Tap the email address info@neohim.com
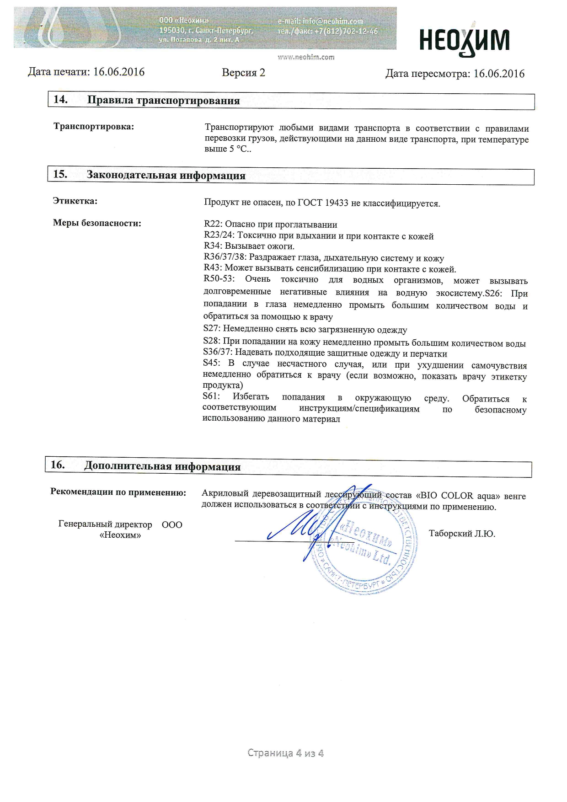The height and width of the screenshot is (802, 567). (x=332, y=21)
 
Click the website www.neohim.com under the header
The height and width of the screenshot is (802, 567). (x=306, y=57)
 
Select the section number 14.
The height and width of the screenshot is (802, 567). (x=60, y=100)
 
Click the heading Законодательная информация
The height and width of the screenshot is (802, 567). (x=166, y=176)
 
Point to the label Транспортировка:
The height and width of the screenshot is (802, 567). (x=94, y=127)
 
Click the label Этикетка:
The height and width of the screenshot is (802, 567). (x=75, y=201)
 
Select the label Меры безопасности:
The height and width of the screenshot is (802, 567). (x=97, y=223)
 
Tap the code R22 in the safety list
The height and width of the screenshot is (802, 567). (x=212, y=225)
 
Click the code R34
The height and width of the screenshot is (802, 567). (x=212, y=246)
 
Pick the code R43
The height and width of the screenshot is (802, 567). (x=212, y=269)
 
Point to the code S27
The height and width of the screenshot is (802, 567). (x=211, y=329)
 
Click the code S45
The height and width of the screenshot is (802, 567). (x=211, y=364)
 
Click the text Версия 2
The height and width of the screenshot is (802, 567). (x=243, y=73)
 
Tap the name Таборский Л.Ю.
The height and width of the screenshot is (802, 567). (x=462, y=534)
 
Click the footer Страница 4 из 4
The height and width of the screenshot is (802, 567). (x=285, y=753)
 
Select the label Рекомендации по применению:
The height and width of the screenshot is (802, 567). (x=118, y=492)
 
